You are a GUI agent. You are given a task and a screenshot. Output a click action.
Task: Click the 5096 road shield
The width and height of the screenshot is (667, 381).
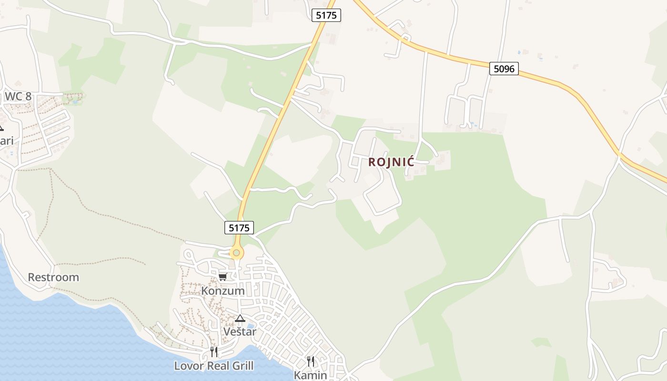pos(504,69)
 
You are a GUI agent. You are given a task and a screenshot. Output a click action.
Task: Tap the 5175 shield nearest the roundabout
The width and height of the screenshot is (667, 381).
pos(239,228)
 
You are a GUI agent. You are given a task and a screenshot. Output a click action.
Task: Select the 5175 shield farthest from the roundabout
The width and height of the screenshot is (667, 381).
pos(326,15)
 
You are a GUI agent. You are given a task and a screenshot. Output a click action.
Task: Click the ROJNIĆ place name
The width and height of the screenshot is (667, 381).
pos(391,162)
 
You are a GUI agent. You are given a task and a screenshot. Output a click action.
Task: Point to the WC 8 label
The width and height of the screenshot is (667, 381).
pos(18,96)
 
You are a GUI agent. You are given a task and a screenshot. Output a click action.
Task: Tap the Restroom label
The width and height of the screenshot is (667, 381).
pos(53,277)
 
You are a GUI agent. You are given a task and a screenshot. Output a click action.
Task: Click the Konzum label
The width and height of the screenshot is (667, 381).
pos(223,291)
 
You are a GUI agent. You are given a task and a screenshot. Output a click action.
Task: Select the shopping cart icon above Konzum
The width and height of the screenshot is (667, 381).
pos(222,277)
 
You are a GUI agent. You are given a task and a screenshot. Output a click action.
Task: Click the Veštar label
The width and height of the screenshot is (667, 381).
pos(240,331)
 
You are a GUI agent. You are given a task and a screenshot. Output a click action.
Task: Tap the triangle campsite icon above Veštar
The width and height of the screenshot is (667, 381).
pos(240,318)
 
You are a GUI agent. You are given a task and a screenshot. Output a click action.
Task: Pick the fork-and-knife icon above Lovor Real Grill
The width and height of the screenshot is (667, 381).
pos(214,352)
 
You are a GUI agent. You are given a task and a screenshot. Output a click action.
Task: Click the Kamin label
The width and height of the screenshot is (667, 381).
pos(310,375)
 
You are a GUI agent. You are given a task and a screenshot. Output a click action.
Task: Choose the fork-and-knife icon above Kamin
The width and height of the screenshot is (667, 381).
pos(311,361)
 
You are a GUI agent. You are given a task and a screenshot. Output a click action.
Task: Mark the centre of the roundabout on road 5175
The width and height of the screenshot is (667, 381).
pos(236,252)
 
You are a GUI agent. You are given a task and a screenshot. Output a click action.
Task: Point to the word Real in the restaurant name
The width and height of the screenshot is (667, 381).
pos(212,366)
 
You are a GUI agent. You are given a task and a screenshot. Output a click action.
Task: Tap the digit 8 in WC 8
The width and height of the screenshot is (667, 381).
pos(28,96)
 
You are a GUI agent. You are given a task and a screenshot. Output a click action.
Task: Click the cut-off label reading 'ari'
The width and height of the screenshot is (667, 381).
pos(7,141)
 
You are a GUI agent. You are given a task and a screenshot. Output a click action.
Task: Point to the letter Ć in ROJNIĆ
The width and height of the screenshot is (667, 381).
pos(410,161)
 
